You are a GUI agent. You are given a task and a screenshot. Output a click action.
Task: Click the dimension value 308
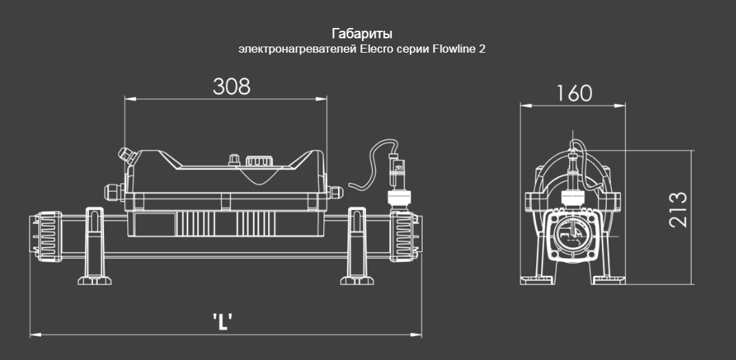(x=231, y=86)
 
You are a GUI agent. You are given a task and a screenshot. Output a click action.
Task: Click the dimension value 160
(x=574, y=93)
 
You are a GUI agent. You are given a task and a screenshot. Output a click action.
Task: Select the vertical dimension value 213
(x=678, y=210)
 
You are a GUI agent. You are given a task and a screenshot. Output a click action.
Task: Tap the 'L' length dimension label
(x=222, y=322)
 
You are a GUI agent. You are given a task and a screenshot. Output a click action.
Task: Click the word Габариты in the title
(x=362, y=34)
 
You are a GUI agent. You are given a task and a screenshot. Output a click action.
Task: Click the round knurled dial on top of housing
(x=259, y=162)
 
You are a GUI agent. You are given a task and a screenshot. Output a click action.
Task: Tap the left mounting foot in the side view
(x=94, y=246)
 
